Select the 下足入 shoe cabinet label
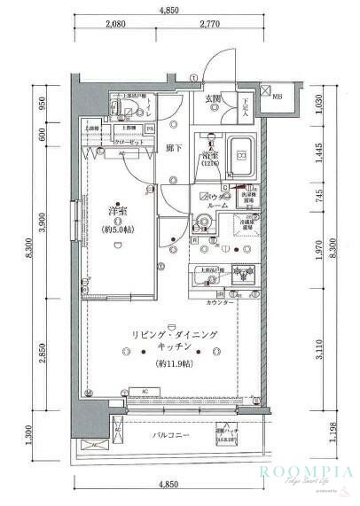click(x=246, y=106)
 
